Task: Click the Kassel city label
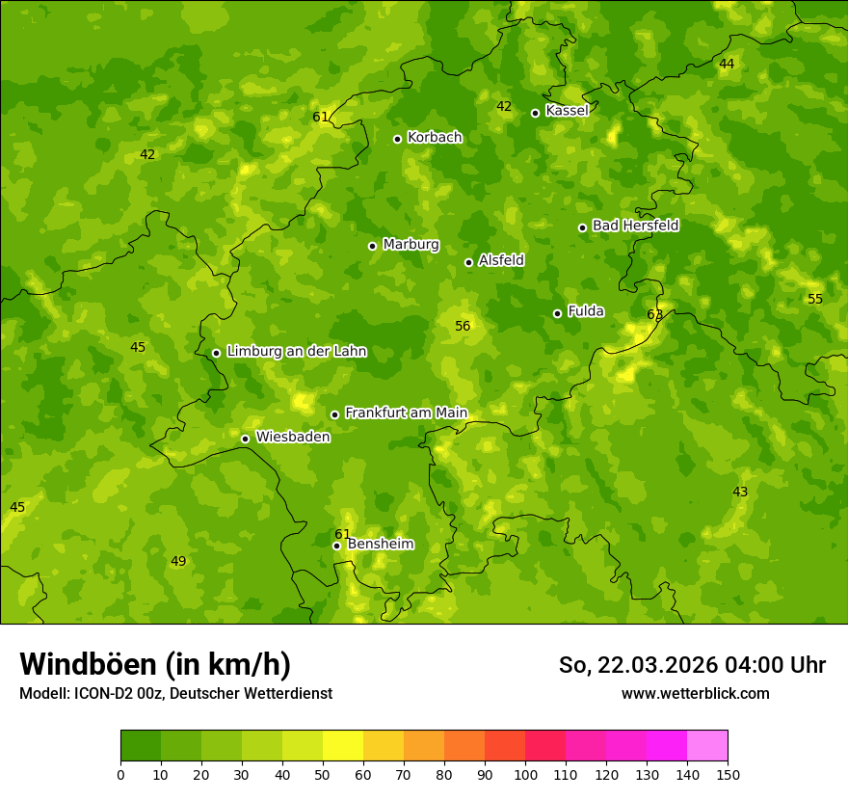pos(567,111)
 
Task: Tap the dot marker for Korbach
pos(397,139)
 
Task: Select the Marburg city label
pos(411,245)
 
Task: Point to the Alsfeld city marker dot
pos(468,262)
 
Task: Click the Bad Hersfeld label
pos(635,226)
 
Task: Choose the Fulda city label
pos(586,311)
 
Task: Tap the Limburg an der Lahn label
pos(296,352)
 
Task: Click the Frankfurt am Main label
pos(406,413)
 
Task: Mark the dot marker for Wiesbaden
pos(245,439)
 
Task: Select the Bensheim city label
pos(380,544)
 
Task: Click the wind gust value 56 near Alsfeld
pos(463,327)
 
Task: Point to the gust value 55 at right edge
pos(815,300)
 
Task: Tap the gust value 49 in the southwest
pos(178,562)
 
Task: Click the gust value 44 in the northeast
pos(727,65)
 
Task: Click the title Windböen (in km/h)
pos(155,664)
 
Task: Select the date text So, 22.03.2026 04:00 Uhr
pos(692,665)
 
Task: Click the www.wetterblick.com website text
pos(695,694)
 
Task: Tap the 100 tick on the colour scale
pos(525,774)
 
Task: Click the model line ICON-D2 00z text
pos(175,694)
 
